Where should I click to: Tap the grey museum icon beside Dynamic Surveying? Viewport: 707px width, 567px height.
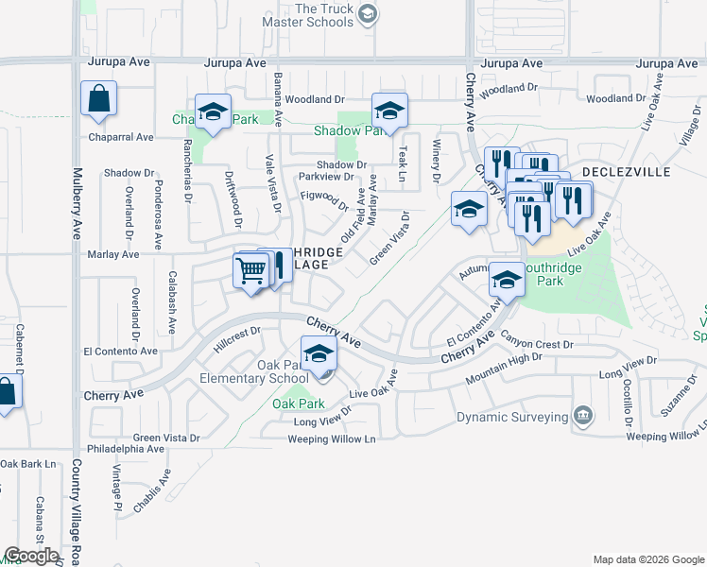point(583,416)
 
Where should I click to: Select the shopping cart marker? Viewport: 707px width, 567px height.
point(250,271)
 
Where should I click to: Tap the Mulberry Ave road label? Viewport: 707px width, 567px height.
point(75,203)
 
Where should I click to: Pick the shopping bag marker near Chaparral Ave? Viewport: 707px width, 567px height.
point(98,99)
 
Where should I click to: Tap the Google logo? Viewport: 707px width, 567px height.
point(31,555)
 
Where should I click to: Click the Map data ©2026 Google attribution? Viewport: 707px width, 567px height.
point(647,559)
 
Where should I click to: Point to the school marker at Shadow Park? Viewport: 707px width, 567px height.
point(388,112)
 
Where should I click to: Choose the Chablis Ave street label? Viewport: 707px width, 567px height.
point(152,490)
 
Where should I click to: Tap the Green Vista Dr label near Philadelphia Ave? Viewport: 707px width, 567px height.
point(166,438)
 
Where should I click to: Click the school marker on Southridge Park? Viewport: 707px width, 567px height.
point(507,280)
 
